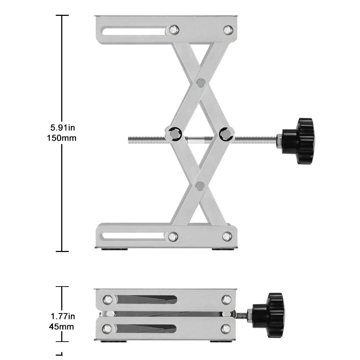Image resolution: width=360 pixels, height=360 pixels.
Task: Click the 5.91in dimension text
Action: click(x=63, y=127)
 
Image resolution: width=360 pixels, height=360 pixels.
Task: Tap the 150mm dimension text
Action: click(x=62, y=138)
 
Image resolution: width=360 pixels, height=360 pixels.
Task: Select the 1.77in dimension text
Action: click(x=63, y=316)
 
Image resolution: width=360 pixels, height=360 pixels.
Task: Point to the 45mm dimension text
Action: click(x=62, y=327)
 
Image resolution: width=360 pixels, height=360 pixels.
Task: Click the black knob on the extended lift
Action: click(x=298, y=141)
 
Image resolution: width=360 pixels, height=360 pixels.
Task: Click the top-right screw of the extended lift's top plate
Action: click(x=228, y=30)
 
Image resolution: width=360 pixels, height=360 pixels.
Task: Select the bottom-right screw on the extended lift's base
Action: click(x=227, y=236)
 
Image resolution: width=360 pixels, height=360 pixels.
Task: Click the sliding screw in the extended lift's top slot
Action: click(x=174, y=30)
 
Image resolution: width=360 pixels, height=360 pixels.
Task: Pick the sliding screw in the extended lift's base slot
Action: click(x=173, y=237)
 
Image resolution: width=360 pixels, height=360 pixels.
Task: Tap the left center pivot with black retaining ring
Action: click(x=174, y=134)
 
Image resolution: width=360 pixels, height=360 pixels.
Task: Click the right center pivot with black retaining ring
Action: click(x=226, y=134)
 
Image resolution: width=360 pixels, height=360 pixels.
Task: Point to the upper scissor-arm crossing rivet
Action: click(x=201, y=83)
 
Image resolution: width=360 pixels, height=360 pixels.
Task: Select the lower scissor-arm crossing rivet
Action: click(x=200, y=186)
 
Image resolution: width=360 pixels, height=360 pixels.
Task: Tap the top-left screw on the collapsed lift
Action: click(x=107, y=300)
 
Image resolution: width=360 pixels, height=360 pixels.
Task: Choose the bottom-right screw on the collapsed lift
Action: click(x=226, y=328)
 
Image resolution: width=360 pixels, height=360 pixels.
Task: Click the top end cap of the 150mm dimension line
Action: click(x=62, y=15)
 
